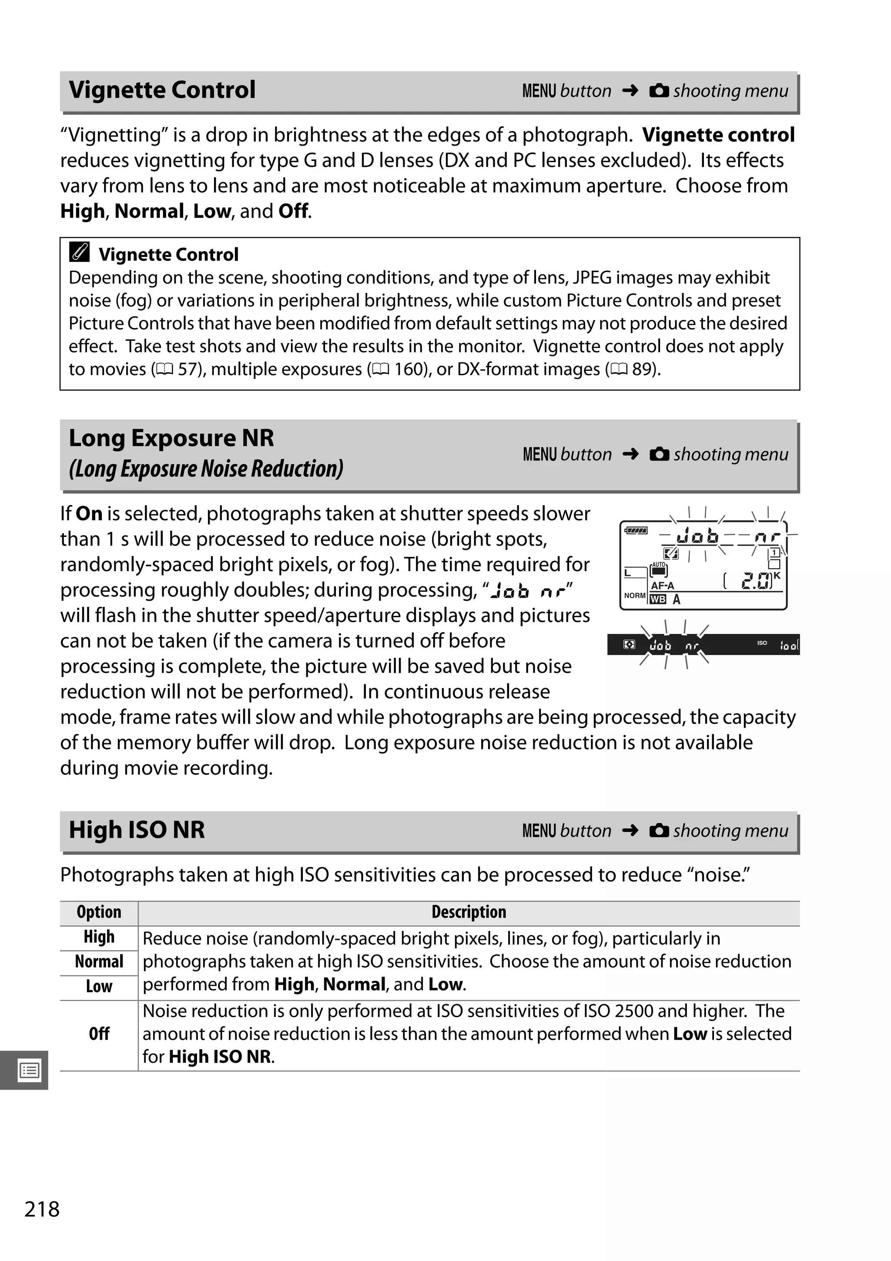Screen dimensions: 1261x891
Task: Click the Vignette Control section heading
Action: pos(162,90)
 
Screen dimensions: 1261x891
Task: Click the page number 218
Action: pos(42,1209)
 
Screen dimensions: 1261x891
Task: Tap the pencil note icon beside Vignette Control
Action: pos(80,252)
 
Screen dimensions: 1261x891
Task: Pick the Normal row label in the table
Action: pos(99,962)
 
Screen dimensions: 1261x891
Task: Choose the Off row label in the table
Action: pos(99,1034)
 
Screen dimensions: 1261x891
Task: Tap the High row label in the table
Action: pos(99,937)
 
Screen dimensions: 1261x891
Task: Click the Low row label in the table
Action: pos(99,986)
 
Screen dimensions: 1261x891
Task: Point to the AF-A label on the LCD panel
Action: pos(662,586)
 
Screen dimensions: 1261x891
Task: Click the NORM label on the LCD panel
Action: pos(634,596)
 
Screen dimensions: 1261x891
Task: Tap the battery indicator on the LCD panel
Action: pos(636,531)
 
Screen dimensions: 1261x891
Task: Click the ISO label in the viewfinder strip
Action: pos(762,642)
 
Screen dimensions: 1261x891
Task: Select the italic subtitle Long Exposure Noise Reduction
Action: pos(206,469)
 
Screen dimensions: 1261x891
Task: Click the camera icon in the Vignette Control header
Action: pos(659,90)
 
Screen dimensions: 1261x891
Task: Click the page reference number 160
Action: pos(408,369)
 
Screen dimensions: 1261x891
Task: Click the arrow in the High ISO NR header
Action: pos(630,830)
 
